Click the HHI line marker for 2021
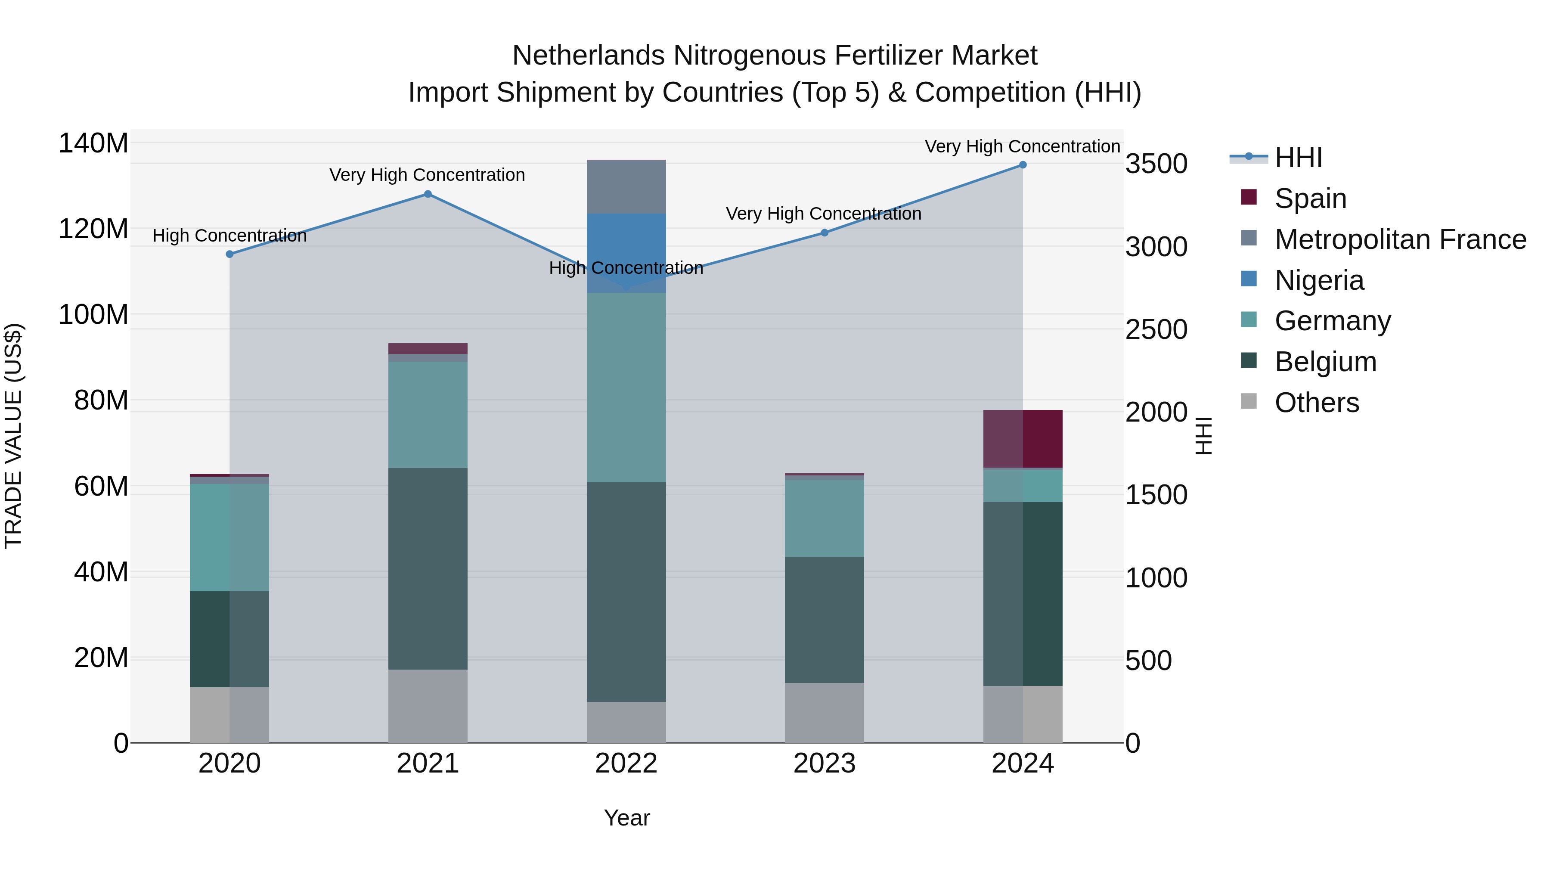pyautogui.click(x=428, y=194)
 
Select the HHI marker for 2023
pyautogui.click(x=825, y=233)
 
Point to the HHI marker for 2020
pyautogui.click(x=229, y=254)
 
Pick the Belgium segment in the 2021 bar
pyautogui.click(x=428, y=569)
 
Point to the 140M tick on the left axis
pyautogui.click(x=93, y=144)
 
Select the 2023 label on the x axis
pyautogui.click(x=825, y=763)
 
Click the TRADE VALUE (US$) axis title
pyautogui.click(x=13, y=436)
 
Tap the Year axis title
pyautogui.click(x=626, y=818)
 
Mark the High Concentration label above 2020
pyautogui.click(x=229, y=236)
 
